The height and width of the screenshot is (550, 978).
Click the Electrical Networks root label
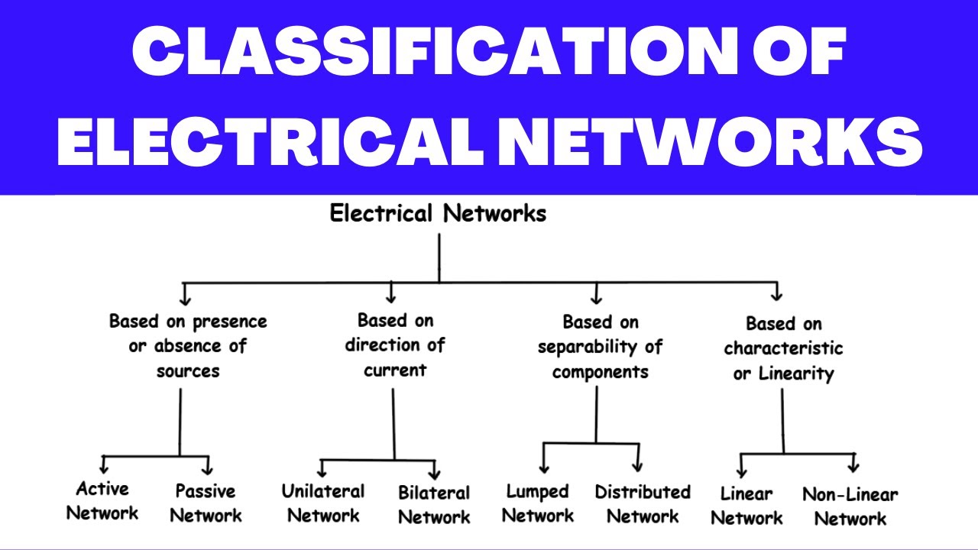point(438,214)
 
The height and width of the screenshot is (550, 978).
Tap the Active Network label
point(102,501)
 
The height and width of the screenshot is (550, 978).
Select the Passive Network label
point(206,503)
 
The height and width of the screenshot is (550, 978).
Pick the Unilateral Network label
point(323,503)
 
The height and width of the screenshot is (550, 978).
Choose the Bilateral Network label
point(434,505)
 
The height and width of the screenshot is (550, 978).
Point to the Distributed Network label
point(643,504)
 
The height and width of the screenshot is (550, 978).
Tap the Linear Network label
point(746,506)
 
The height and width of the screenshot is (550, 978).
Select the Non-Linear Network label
point(850,506)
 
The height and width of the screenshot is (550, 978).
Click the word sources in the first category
point(188,371)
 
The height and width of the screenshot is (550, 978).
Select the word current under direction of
point(394,370)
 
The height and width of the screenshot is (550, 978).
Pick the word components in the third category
point(600,373)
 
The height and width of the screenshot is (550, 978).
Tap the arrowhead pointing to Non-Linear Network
point(853,464)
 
